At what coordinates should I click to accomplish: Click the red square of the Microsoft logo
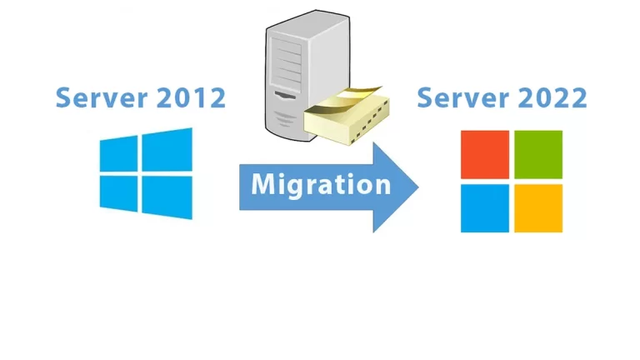tap(485, 154)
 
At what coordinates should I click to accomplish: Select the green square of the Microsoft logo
tap(538, 154)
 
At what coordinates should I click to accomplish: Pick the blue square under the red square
tap(485, 207)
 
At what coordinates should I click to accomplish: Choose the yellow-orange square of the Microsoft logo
tap(538, 207)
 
